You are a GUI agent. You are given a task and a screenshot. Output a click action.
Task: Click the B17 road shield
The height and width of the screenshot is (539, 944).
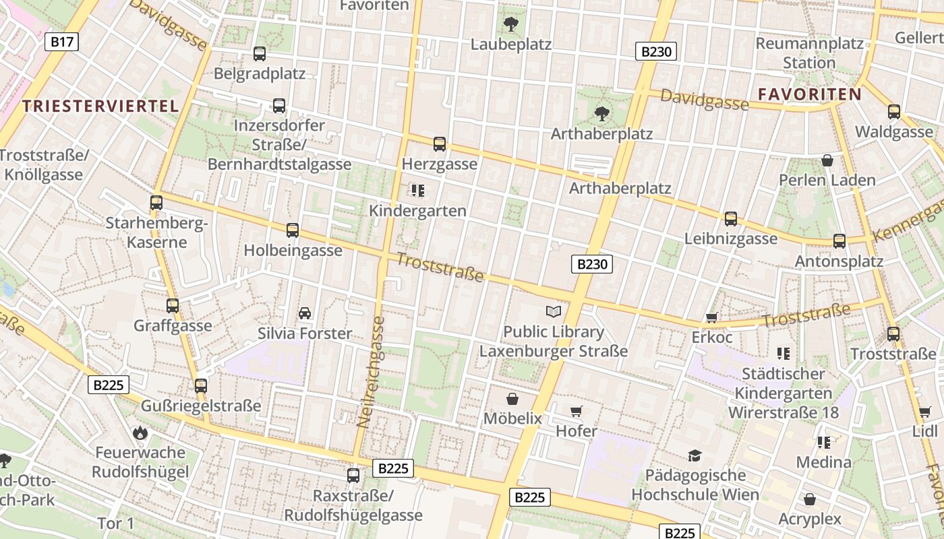62,42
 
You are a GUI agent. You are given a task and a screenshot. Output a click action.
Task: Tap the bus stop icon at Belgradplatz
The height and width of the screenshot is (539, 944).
259,54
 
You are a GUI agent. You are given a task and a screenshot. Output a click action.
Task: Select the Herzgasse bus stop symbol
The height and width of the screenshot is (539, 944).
440,144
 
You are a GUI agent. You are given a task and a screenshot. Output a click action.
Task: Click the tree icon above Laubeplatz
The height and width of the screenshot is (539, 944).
511,25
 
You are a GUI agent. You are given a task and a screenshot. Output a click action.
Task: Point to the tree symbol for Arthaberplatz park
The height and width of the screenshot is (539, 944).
601,113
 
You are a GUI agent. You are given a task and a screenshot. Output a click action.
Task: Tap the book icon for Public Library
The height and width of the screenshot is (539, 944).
554,311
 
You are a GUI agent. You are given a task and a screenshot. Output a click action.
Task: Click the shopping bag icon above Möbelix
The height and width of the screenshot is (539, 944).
512,398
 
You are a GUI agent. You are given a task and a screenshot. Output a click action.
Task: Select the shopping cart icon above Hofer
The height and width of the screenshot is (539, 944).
576,411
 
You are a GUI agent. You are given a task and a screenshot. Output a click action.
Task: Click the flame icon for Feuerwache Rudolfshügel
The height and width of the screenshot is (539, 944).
140,432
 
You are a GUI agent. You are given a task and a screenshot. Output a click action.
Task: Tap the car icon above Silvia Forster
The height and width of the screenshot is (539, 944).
305,313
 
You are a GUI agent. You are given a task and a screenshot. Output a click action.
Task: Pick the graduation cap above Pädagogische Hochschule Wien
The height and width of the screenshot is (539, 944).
695,455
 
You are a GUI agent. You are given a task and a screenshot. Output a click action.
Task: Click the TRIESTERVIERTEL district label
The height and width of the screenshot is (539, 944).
100,106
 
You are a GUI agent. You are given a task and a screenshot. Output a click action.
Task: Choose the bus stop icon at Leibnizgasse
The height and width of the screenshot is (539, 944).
731,219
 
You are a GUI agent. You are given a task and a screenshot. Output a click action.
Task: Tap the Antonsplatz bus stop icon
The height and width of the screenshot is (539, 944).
839,241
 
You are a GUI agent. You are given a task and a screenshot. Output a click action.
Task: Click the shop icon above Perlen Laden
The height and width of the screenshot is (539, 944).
827,160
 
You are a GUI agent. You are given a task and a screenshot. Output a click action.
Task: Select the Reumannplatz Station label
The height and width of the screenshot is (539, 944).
809,53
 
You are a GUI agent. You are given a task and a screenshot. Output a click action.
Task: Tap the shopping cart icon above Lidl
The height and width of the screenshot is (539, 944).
924,412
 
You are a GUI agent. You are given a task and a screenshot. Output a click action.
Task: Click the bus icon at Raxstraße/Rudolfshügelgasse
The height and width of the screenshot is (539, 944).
353,476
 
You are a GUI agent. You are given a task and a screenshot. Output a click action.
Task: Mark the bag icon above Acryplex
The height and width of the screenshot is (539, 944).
810,499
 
